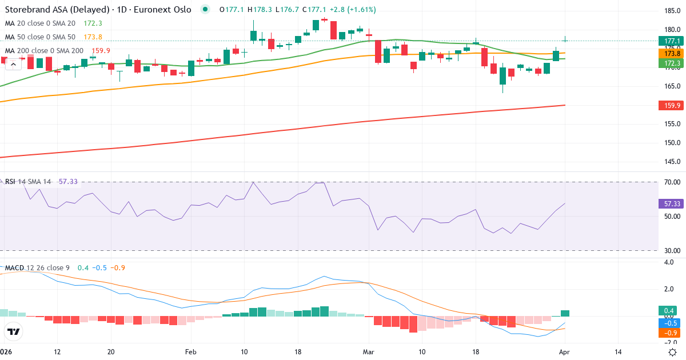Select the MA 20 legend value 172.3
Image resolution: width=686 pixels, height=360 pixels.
point(93,23)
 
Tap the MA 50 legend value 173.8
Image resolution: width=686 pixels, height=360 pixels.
point(93,37)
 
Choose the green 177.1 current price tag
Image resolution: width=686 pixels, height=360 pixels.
point(669,41)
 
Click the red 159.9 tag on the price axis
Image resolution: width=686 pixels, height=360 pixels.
point(669,106)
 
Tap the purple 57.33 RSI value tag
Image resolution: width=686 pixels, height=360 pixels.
point(669,203)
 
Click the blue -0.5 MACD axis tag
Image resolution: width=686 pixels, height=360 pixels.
point(669,323)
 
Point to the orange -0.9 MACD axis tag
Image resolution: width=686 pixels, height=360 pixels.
point(669,333)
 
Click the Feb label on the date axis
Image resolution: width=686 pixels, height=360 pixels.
point(191,352)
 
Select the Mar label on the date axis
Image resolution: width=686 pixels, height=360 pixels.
point(369,352)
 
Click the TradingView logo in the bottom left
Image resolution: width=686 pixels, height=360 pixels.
point(14,331)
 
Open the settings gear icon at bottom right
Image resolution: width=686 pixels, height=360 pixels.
point(673,352)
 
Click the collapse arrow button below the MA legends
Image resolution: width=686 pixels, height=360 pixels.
point(12,65)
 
